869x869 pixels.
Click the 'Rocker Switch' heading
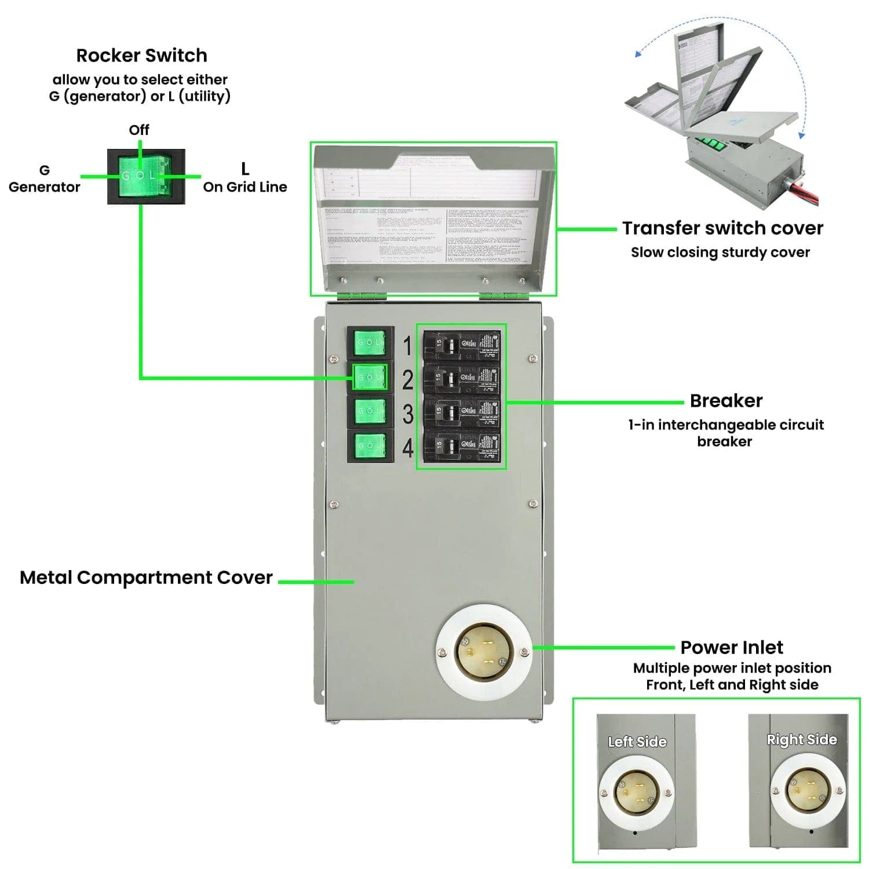(141, 56)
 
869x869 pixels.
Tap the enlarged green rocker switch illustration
(146, 176)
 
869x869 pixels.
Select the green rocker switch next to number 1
(370, 343)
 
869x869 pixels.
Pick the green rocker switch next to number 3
(370, 411)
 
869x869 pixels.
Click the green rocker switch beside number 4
(370, 446)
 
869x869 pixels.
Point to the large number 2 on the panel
(408, 380)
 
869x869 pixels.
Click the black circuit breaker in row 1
(461, 346)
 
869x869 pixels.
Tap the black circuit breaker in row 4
(461, 446)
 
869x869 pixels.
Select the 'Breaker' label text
(726, 401)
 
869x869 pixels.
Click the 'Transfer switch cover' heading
(722, 228)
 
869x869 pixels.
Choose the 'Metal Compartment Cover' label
(146, 578)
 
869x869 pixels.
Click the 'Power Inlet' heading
(732, 647)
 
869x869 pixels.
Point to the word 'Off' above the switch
(139, 130)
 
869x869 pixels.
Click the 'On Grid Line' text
(245, 187)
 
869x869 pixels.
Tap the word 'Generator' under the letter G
(45, 187)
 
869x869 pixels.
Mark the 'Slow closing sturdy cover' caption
(720, 253)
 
